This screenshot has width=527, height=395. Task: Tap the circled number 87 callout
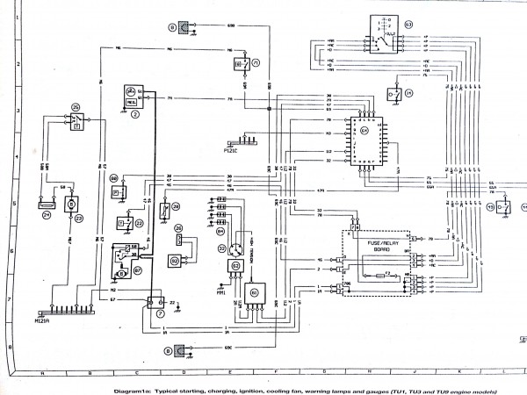click(x=125, y=272)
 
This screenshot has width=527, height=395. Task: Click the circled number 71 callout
click(x=256, y=64)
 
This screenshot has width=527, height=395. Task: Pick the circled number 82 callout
click(x=174, y=261)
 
